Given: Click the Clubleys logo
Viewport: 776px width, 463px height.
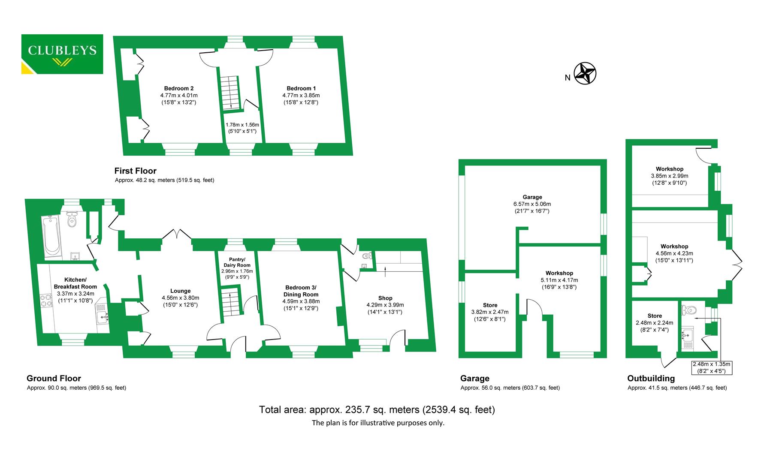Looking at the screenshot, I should [62, 54].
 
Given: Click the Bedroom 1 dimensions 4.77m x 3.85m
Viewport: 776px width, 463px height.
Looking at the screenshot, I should [301, 96].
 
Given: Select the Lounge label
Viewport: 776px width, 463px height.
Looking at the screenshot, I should [180, 291].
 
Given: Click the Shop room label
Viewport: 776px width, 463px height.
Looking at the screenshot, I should [385, 298].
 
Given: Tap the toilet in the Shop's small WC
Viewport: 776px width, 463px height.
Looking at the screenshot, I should [366, 256].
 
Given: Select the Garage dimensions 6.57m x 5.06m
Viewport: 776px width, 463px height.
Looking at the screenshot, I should [532, 204].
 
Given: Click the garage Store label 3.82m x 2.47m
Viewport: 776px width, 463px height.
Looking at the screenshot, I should [490, 305].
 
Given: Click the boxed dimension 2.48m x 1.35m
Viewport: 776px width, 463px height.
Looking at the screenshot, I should [711, 368].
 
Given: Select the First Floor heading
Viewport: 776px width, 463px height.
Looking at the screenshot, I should [135, 171].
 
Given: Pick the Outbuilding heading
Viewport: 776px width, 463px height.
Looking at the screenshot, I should [651, 378].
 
